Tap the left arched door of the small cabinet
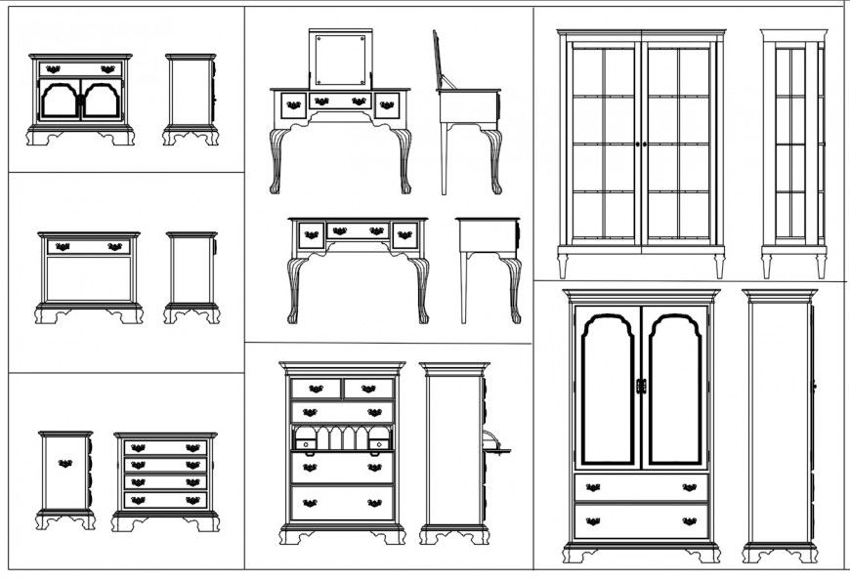pos(59,101)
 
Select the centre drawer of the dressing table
pos(340,101)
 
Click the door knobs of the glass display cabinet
pos(642,145)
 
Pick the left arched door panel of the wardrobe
pos(606,389)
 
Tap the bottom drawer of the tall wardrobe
pos(641,520)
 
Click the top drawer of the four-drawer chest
pos(165,448)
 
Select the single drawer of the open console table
pos(89,247)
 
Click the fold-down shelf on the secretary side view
pos(497,450)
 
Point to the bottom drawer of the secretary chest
pos(342,503)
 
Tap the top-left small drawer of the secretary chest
pos(316,389)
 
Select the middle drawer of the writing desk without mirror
pos(358,231)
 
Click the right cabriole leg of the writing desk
pos(421,288)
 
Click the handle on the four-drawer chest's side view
pos(65,463)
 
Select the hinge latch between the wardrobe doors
pos(641,387)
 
